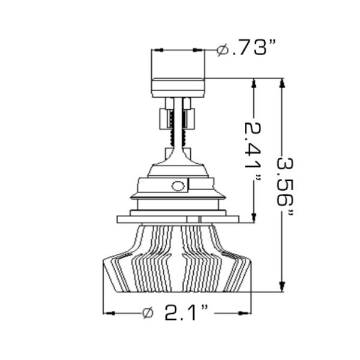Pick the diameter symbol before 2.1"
(148, 313)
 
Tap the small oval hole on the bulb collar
(178, 185)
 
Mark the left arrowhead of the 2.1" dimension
(109, 313)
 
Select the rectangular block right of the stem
(190, 118)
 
